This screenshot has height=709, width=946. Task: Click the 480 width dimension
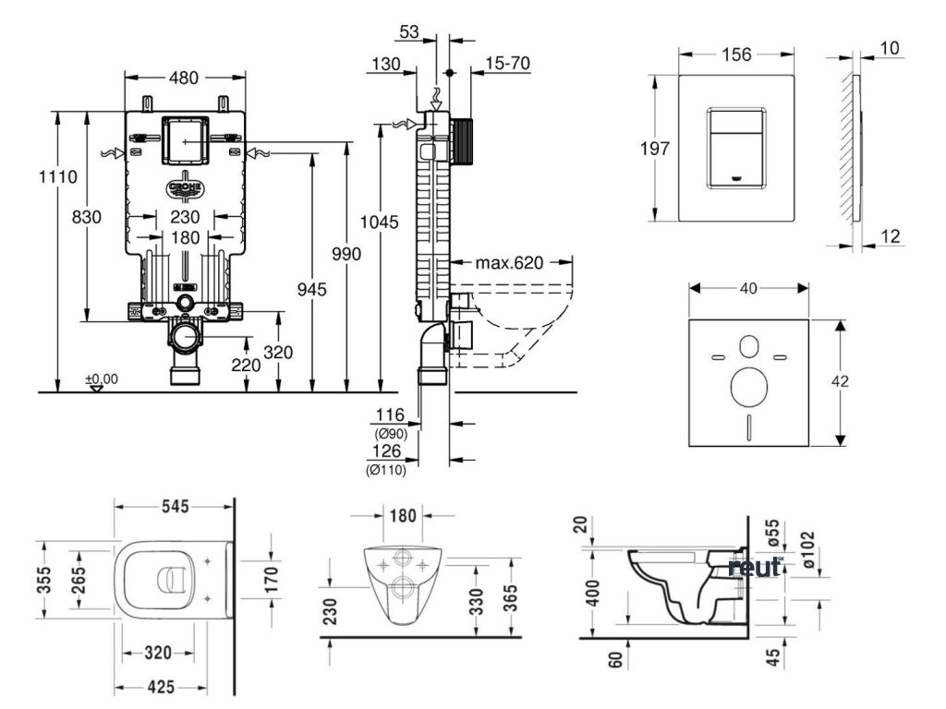pos(184,78)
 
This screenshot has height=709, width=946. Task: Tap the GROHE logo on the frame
pos(186,188)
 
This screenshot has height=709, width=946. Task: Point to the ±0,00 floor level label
pos(102,379)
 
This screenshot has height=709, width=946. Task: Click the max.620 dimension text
pos(509,263)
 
